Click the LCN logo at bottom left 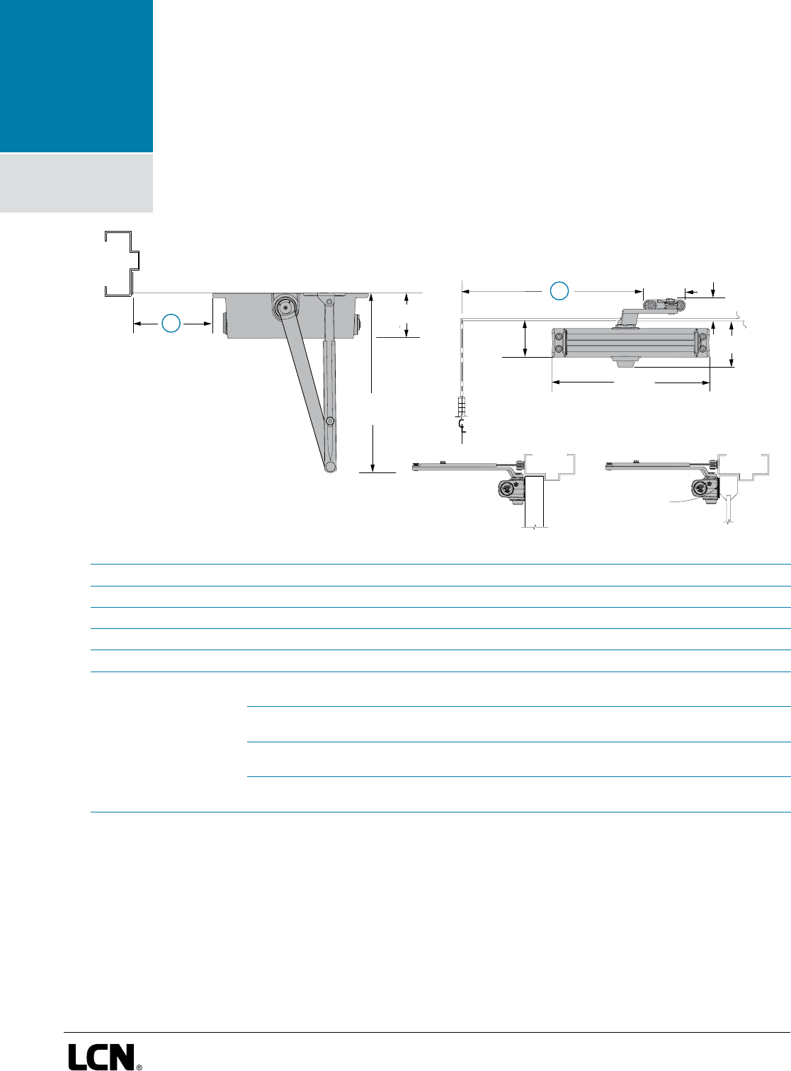coord(101,1056)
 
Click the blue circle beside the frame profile coord(171,324)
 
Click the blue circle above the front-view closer coord(559,290)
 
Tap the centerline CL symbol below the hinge coord(461,425)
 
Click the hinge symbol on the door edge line coord(461,407)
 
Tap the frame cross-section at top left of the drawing coord(120,263)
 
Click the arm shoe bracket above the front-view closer coord(664,305)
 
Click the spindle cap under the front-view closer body coord(624,363)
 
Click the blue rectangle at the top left coord(76,76)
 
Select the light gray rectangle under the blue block coord(76,183)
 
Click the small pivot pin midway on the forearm coord(330,421)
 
